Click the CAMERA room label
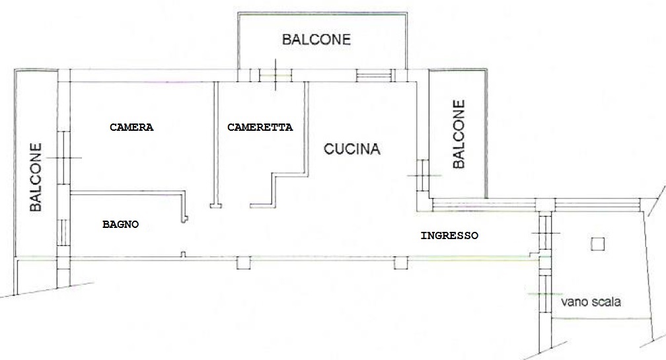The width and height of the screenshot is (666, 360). [131, 127]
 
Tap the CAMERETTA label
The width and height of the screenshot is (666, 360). [260, 127]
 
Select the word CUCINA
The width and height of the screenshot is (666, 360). [351, 149]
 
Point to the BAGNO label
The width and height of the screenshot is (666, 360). [121, 224]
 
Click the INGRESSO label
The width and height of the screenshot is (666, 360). [449, 236]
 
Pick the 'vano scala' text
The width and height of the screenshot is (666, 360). [591, 302]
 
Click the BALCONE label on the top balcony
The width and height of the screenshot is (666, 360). [316, 40]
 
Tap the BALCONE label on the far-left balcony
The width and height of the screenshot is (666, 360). [36, 177]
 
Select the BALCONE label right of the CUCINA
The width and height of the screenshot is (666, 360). [459, 134]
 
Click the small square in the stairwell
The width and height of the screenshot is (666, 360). [597, 244]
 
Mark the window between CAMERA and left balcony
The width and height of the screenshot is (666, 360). [63, 157]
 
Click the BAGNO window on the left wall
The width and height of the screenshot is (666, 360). [62, 233]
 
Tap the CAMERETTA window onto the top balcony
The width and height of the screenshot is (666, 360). [276, 75]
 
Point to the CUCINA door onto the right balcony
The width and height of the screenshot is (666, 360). [423, 175]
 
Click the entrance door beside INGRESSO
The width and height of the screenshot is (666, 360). [545, 233]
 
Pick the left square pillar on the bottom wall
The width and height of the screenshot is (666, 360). [243, 263]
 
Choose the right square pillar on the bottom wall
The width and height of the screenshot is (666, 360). [401, 263]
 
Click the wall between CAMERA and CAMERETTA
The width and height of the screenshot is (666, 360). [216, 145]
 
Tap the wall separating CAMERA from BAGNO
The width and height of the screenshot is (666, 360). [128, 193]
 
